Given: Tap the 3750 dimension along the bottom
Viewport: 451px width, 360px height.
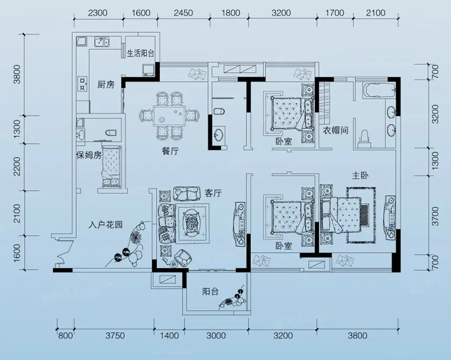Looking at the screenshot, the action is (x=115, y=336).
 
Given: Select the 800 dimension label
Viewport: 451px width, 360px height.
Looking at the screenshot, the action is (x=65, y=336).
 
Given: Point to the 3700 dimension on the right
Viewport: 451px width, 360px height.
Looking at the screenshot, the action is (x=435, y=216).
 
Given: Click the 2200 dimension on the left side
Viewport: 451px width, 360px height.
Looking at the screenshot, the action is (x=17, y=166).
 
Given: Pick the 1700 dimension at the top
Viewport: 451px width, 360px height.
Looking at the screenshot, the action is (x=335, y=13).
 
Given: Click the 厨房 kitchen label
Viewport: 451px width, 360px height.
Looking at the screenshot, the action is (x=106, y=85).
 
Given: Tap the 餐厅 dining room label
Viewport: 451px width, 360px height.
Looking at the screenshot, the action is (x=170, y=151).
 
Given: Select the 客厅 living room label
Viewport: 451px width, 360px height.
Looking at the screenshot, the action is (x=213, y=193).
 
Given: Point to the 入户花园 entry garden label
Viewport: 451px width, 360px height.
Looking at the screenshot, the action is (x=105, y=225).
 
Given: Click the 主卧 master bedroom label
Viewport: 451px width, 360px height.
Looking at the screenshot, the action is (x=360, y=175).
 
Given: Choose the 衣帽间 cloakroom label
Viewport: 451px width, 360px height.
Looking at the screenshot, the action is (x=335, y=130).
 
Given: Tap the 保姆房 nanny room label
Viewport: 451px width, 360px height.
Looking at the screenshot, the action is (x=89, y=155).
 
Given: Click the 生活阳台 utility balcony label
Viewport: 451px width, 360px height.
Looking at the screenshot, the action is (x=140, y=53).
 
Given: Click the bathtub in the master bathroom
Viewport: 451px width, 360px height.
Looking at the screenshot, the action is (x=380, y=90).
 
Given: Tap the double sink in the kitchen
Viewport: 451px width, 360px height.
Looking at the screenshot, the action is (x=101, y=42).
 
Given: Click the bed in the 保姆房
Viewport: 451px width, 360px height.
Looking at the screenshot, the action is (x=112, y=167).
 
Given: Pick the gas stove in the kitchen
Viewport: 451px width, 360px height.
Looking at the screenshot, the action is (x=83, y=84).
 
